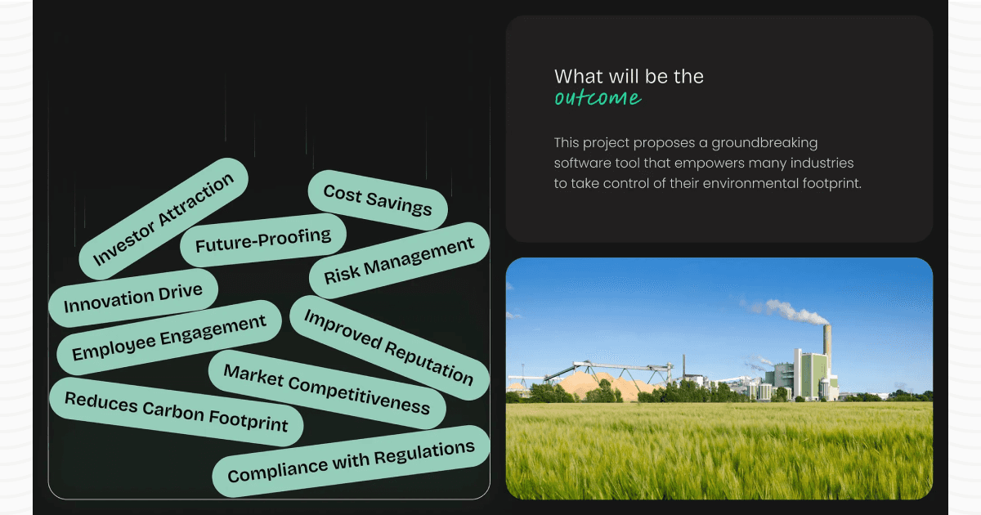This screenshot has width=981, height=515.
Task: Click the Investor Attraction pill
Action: click(163, 219)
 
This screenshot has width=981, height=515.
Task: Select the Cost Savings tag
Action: click(378, 200)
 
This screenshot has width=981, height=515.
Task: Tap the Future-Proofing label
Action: click(263, 240)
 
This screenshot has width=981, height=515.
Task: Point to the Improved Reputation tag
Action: click(388, 347)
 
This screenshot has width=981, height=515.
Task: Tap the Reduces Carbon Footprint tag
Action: click(176, 411)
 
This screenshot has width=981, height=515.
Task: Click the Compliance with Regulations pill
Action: click(351, 461)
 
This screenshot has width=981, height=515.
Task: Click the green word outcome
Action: click(598, 99)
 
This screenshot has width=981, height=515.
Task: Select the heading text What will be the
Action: click(629, 77)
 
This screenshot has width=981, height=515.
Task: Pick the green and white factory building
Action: click(797, 374)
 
